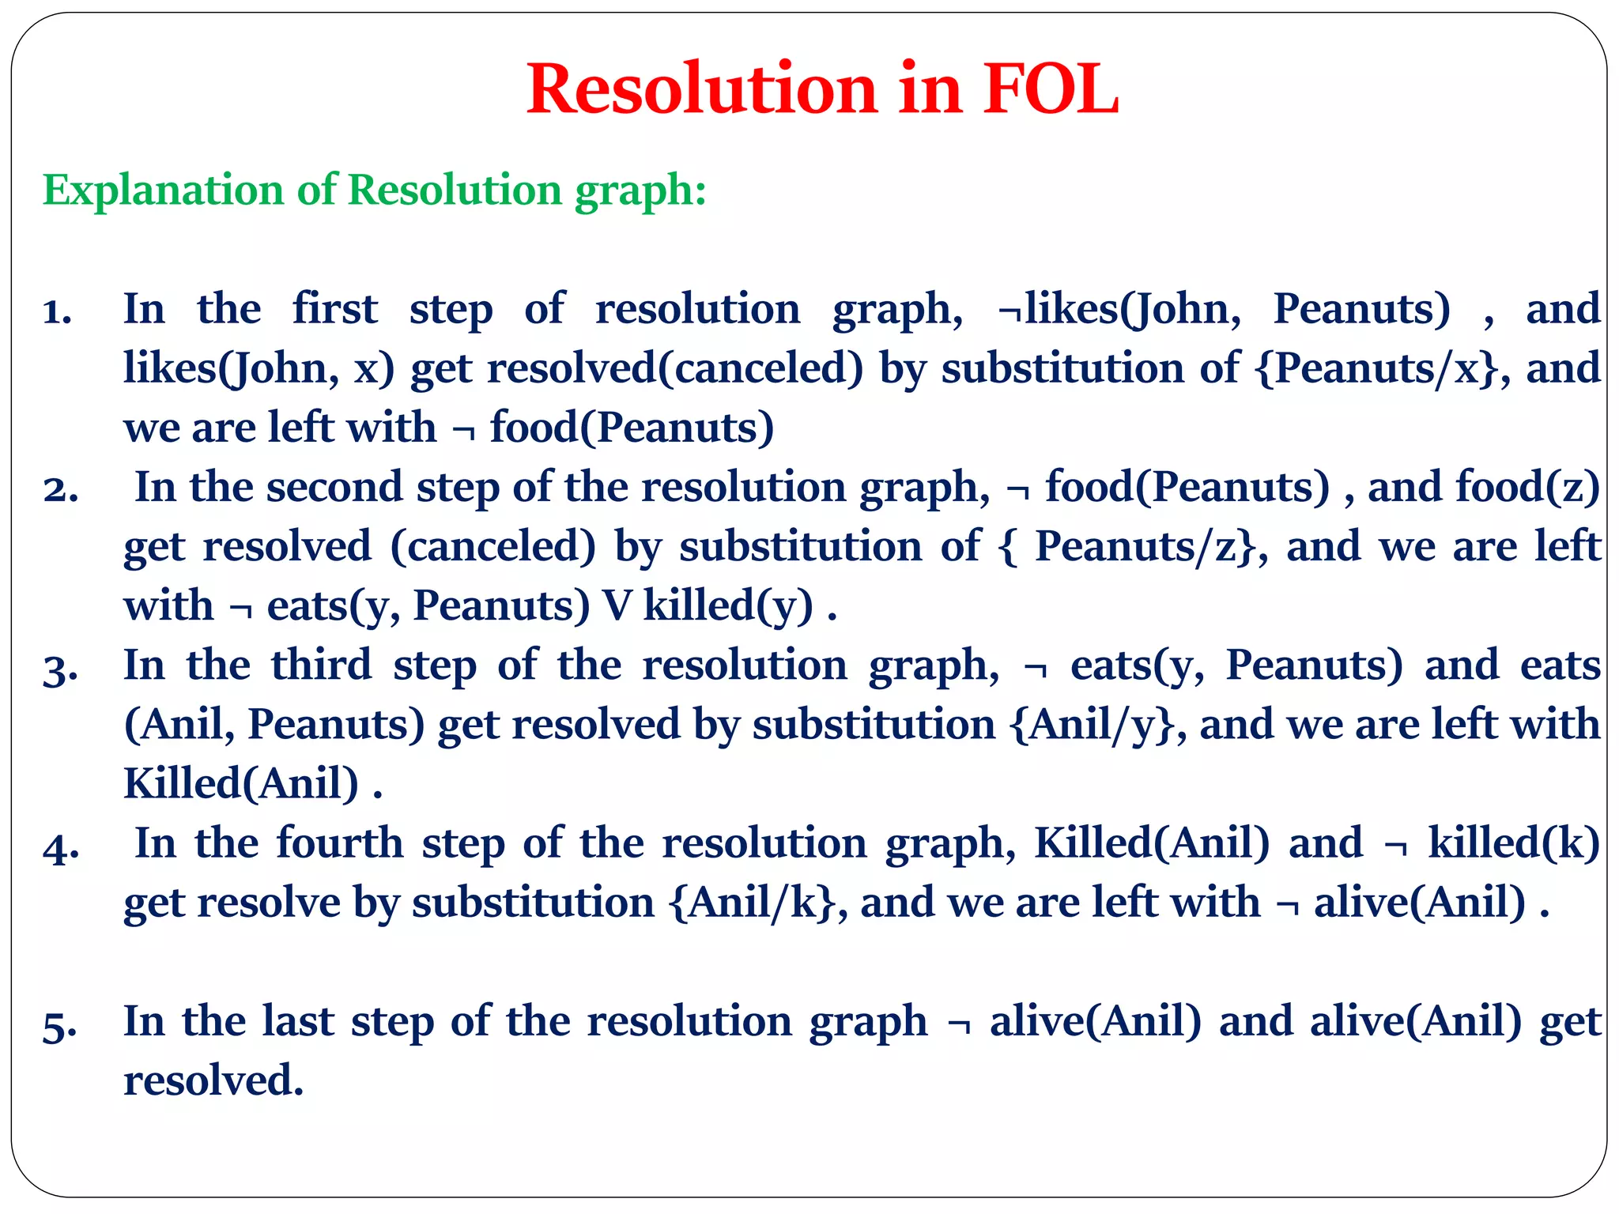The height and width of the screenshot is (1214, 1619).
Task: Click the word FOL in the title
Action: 1051,89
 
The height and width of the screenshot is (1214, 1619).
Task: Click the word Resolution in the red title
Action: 702,89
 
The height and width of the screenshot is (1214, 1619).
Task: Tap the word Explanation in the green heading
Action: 163,190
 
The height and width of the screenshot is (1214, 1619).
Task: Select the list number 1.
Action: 57,311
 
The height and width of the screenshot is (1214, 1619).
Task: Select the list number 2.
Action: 60,490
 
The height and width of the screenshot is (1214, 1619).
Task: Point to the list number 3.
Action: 60,669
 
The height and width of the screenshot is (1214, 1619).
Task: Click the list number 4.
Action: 61,846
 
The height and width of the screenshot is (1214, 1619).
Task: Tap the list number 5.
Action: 60,1025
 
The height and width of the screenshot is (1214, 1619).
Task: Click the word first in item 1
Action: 334,308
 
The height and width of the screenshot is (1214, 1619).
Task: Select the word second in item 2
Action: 334,487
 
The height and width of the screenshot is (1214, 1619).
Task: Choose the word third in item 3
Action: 321,665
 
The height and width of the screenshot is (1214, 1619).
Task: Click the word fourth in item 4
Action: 340,843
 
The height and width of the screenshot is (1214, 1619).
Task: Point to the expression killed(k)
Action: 1514,843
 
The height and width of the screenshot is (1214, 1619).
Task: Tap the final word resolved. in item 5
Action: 213,1080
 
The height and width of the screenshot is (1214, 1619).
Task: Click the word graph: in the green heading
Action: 640,190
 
